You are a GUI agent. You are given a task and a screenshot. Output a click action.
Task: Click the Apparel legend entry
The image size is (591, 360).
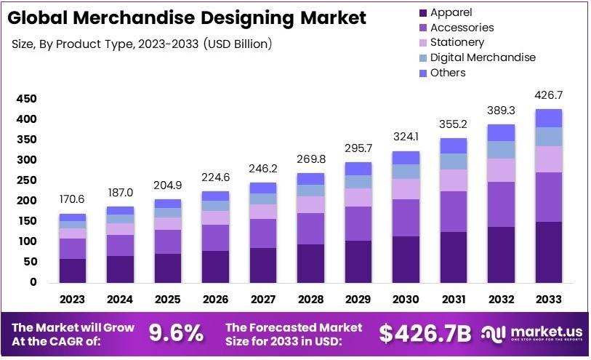(x=451, y=12)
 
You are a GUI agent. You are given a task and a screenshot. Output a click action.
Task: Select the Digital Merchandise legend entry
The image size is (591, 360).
(x=482, y=57)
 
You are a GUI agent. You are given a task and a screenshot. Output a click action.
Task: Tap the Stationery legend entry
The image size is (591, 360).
(x=457, y=42)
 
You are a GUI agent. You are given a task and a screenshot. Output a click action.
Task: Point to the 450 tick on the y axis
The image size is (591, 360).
(x=25, y=99)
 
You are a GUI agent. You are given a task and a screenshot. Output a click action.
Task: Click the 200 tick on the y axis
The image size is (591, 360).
(x=25, y=201)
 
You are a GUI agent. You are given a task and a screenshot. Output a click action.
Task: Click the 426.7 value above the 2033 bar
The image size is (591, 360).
(x=548, y=95)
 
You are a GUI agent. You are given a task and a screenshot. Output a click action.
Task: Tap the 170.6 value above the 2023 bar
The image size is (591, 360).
(x=73, y=199)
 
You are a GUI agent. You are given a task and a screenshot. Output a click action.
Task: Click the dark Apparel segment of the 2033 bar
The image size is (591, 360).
(x=548, y=252)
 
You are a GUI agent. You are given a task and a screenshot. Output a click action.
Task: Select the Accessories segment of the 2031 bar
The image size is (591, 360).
(x=453, y=212)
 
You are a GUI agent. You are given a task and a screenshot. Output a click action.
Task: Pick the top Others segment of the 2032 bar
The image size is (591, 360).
(x=501, y=132)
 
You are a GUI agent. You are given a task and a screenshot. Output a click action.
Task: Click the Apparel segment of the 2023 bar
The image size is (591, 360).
(x=73, y=270)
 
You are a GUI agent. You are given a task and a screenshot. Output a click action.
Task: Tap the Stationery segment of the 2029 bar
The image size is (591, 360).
(x=358, y=197)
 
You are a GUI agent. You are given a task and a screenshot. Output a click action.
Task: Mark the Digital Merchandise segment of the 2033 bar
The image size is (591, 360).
(x=548, y=137)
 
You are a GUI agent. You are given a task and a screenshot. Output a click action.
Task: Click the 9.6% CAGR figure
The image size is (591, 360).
(x=176, y=333)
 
